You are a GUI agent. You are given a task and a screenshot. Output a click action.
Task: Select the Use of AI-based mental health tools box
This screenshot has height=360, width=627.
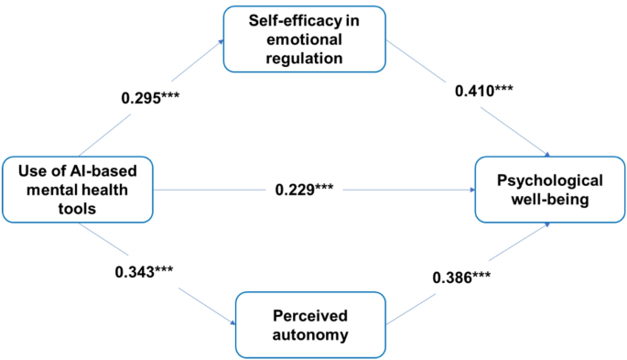pyautogui.click(x=76, y=190)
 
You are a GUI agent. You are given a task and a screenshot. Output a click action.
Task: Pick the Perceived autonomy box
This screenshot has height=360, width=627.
pyautogui.click(x=312, y=323)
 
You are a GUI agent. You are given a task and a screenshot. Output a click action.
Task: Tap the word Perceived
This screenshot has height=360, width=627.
pyautogui.click(x=312, y=313)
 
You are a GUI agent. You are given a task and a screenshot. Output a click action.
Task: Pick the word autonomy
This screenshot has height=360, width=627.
pyautogui.click(x=312, y=333)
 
